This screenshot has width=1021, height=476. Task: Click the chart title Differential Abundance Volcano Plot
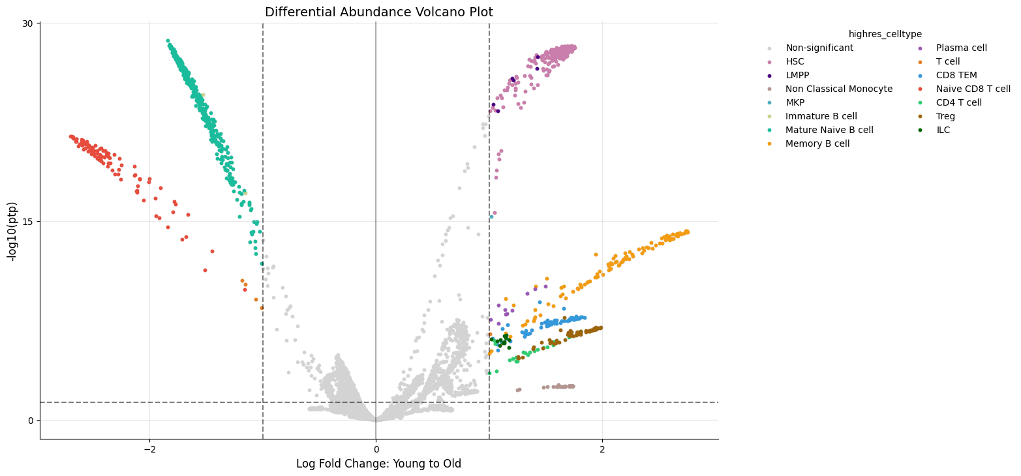[379, 12]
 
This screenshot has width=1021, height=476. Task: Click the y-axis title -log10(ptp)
[12, 231]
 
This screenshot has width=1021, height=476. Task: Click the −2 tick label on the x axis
[149, 449]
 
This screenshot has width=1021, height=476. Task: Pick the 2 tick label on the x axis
[603, 449]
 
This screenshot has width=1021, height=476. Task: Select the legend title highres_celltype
[885, 34]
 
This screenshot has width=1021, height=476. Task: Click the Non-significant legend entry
[819, 48]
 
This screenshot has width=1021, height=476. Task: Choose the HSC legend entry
[795, 61]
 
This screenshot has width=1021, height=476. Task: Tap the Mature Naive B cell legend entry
[829, 130]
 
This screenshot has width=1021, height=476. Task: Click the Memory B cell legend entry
[817, 143]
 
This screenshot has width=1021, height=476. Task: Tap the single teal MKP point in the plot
[491, 217]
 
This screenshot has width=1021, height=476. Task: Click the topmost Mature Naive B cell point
[168, 41]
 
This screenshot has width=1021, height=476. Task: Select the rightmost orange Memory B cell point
[688, 232]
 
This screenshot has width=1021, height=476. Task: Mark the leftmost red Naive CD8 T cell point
[70, 137]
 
